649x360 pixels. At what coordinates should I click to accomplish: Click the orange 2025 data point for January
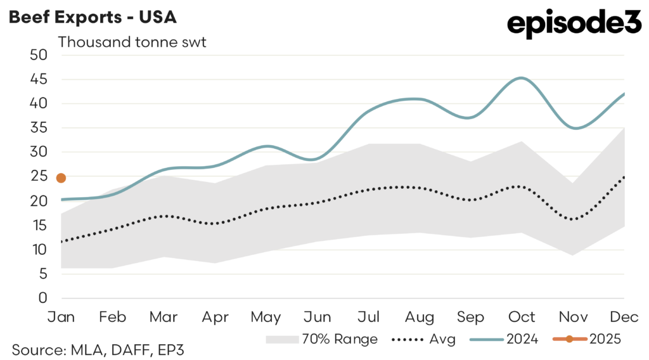click(x=61, y=178)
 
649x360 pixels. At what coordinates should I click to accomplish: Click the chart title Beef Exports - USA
click(x=93, y=17)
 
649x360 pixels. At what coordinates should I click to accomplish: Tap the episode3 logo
click(x=575, y=24)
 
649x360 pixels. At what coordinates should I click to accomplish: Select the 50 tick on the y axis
click(x=39, y=55)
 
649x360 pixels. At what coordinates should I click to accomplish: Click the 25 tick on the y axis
click(x=39, y=176)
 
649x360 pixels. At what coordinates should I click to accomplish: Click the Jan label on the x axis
click(x=61, y=316)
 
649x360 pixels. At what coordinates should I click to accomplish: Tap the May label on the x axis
click(x=266, y=316)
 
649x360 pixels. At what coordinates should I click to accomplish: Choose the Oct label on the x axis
click(x=522, y=316)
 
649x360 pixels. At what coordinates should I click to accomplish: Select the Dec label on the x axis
click(x=624, y=316)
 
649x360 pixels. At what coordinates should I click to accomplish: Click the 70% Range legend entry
click(x=322, y=339)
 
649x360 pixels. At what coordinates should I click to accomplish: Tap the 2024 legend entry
click(x=504, y=339)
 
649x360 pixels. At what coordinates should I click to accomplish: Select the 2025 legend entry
click(x=590, y=339)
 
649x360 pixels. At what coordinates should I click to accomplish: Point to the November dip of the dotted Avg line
click(x=573, y=219)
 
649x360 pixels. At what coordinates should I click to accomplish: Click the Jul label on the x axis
click(x=369, y=316)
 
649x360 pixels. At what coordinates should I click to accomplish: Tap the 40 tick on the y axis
click(x=39, y=103)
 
